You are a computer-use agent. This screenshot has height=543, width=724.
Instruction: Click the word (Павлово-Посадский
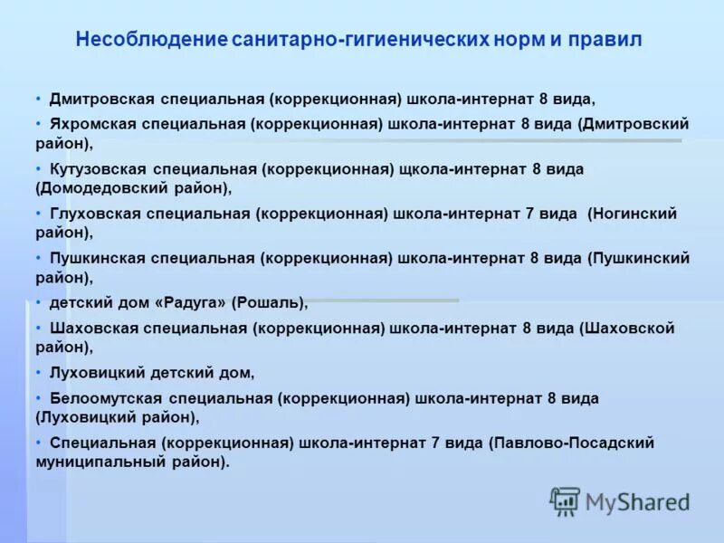571,443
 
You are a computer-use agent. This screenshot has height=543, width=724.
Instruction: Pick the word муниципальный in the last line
92,462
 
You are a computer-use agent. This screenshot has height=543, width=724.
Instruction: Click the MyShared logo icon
565,500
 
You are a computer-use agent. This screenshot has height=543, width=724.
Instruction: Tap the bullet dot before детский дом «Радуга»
39,302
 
